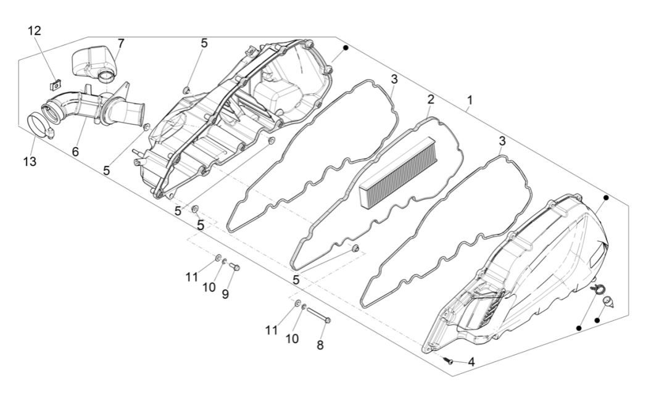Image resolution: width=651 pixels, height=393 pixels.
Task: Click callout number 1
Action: pyautogui.click(x=470, y=100)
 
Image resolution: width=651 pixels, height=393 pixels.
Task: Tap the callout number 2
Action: pyautogui.click(x=431, y=99)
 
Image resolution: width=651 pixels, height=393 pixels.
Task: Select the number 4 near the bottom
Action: pyautogui.click(x=471, y=362)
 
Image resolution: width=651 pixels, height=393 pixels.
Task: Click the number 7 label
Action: pyautogui.click(x=120, y=43)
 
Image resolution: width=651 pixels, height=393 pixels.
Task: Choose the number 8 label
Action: pyautogui.click(x=320, y=345)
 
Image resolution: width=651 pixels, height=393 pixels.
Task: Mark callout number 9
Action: pyautogui.click(x=225, y=294)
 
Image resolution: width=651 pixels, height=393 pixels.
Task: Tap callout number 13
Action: pyautogui.click(x=30, y=162)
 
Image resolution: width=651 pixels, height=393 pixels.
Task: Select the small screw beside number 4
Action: pyautogui.click(x=451, y=360)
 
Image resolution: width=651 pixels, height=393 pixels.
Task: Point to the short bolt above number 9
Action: pyautogui.click(x=234, y=267)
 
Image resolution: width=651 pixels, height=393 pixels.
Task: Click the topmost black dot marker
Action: pyautogui.click(x=346, y=48)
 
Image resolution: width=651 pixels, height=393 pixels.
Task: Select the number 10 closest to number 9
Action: pyautogui.click(x=209, y=288)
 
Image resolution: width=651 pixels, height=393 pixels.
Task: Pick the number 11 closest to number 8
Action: pyautogui.click(x=272, y=331)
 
